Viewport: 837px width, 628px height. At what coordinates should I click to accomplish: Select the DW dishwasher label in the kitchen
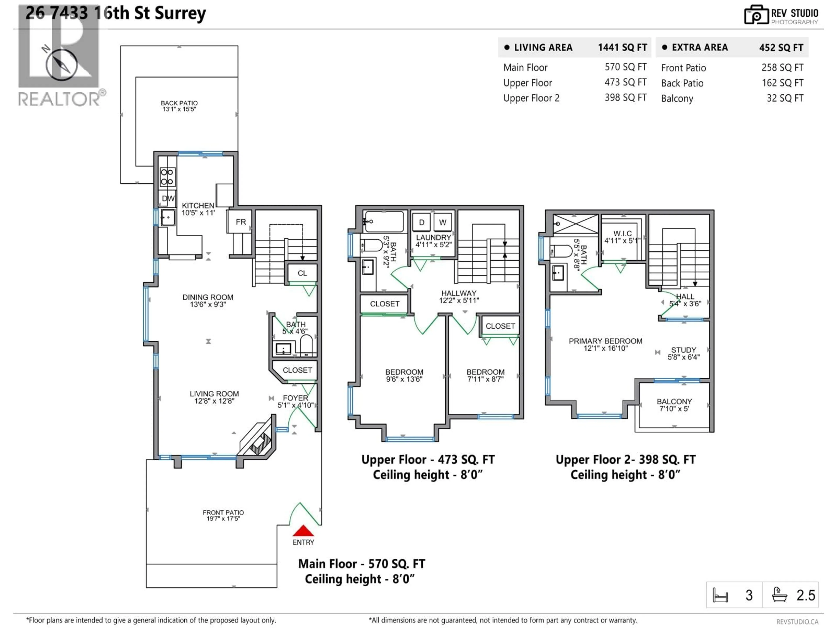pyautogui.click(x=168, y=198)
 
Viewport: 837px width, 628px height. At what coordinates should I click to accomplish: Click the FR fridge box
pyautogui.click(x=241, y=222)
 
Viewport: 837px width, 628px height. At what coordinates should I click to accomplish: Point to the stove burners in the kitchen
pyautogui.click(x=167, y=177)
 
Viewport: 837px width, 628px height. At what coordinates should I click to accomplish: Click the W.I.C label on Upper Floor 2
pyautogui.click(x=623, y=234)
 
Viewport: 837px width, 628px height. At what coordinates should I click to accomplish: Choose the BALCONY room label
pyautogui.click(x=674, y=401)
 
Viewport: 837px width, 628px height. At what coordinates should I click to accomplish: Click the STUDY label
pyautogui.click(x=683, y=350)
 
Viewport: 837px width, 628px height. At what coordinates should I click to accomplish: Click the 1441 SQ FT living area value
pyautogui.click(x=622, y=47)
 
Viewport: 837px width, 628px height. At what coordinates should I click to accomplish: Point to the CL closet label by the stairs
pyautogui.click(x=302, y=273)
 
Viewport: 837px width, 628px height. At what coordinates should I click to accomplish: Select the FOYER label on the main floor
pyautogui.click(x=296, y=398)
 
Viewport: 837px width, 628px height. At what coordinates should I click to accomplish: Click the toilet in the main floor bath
pyautogui.click(x=306, y=345)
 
